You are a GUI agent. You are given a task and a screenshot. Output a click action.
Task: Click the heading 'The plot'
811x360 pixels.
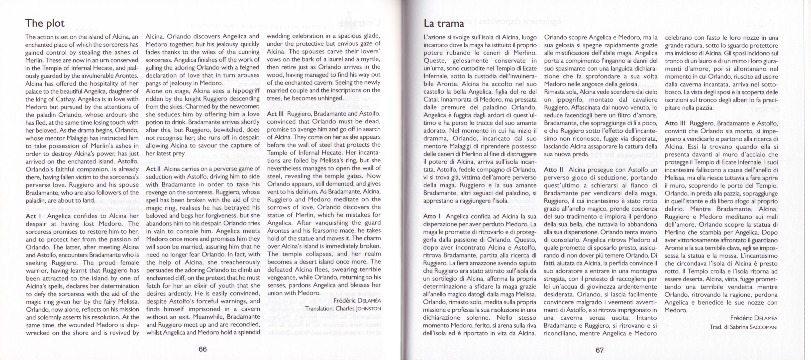tap(45, 23)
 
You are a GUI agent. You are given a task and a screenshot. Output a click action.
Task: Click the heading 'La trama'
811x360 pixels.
tap(444, 24)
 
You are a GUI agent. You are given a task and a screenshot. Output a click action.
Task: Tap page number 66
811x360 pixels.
tap(203, 349)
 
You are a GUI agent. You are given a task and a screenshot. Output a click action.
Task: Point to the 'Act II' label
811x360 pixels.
tap(153, 169)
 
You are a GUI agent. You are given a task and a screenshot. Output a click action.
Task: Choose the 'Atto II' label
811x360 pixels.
tap(554, 170)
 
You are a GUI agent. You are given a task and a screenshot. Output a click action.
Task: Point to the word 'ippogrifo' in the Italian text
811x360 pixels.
tap(566, 100)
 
